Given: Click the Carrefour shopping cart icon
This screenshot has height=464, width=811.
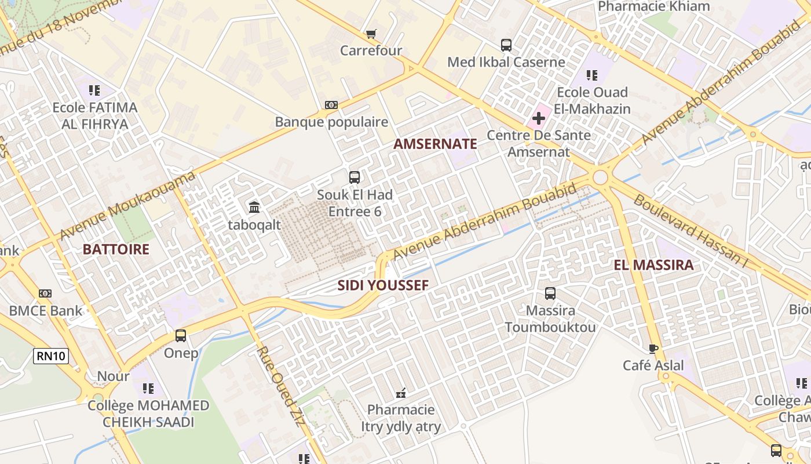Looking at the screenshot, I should [x=371, y=34].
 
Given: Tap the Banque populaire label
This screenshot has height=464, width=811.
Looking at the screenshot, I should [x=331, y=122].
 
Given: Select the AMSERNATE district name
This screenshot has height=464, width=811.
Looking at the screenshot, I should [x=435, y=144].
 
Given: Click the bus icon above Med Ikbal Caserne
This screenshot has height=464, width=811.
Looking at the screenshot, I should [x=506, y=45].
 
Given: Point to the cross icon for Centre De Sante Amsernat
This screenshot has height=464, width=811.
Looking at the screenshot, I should [x=538, y=119].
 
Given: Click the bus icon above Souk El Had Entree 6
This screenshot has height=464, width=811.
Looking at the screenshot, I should [x=354, y=177].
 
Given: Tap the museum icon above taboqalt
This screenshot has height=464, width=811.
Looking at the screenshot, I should [x=254, y=207].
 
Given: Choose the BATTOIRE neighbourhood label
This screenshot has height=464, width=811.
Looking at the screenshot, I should [x=116, y=249].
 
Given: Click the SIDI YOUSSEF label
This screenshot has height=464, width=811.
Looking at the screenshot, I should [x=383, y=285].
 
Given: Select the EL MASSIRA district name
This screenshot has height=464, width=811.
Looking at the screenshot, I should [x=653, y=265].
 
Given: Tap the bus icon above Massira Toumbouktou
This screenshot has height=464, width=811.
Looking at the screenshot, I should [x=550, y=293].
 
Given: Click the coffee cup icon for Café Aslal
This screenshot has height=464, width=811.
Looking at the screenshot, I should [x=653, y=349].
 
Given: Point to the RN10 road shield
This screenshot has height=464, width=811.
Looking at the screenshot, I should [x=51, y=356].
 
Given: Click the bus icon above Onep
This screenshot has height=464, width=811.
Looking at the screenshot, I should [x=181, y=336].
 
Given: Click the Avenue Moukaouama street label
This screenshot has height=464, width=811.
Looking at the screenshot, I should [x=127, y=206].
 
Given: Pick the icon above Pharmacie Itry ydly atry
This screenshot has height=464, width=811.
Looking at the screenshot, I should [x=400, y=394].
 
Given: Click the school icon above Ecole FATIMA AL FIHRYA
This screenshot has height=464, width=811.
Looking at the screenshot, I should [x=94, y=90].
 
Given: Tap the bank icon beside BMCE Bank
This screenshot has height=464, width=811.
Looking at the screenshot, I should [x=45, y=293].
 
